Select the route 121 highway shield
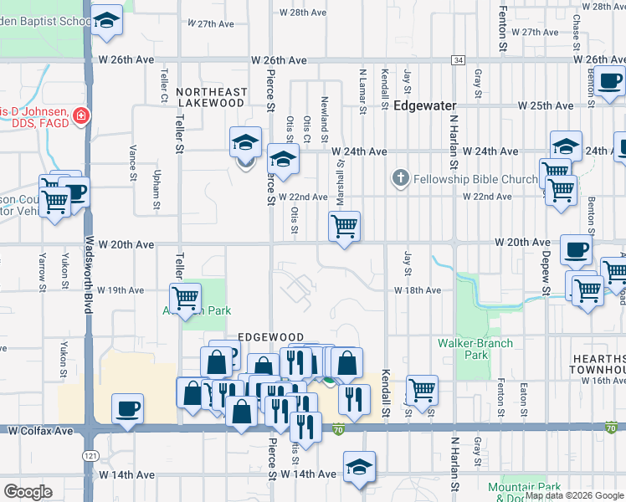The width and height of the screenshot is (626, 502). tap(90, 457)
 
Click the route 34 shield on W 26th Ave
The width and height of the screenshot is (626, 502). tap(457, 60)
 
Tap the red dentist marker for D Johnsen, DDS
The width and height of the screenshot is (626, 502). tap(81, 115)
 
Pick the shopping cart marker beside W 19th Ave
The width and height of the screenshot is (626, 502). tap(185, 298)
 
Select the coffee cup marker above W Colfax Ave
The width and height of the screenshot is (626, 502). tap(127, 408)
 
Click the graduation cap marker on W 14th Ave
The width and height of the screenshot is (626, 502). tap(359, 468)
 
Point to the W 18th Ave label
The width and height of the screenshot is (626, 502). tap(418, 290)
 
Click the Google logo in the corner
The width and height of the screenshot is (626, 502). tap(28, 492)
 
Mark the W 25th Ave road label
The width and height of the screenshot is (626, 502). tap(545, 106)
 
